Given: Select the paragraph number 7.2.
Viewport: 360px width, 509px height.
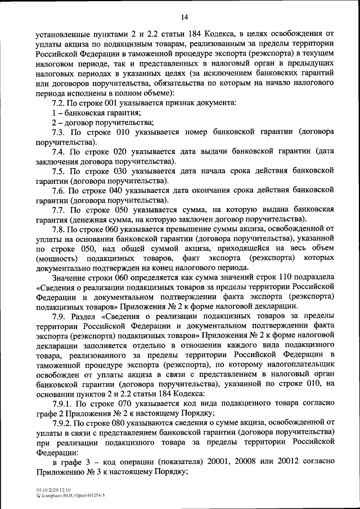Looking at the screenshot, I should point(58,102).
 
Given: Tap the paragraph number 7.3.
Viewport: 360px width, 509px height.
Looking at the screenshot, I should point(58,132).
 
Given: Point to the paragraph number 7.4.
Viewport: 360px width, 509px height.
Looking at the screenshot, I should point(58,152).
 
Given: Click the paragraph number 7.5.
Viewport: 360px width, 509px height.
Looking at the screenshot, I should point(58,172).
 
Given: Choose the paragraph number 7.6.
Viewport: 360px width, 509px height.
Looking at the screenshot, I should point(58,191).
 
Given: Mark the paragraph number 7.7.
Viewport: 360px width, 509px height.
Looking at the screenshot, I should point(58,210).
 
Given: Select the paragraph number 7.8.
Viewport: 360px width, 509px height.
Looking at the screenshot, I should point(58,230).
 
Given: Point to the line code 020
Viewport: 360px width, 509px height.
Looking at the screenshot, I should point(115,152).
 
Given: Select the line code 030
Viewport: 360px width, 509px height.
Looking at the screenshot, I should point(115,172).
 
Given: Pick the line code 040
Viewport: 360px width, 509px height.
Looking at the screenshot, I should point(115,191).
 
